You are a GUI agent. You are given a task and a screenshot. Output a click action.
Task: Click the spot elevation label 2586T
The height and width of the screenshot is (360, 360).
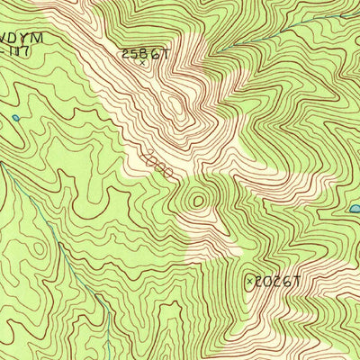145,53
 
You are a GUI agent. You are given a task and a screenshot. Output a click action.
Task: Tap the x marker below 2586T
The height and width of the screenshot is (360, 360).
141,63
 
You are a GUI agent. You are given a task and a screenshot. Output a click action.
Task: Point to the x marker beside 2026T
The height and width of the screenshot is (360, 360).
249,282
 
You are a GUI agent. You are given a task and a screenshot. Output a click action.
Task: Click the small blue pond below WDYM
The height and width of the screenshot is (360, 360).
15,117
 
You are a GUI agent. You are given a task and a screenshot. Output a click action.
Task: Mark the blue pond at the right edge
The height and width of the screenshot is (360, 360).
355,209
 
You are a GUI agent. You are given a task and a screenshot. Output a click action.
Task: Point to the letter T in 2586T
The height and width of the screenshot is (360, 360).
166,53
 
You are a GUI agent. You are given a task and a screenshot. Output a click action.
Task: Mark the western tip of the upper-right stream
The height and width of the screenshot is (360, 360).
221,47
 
